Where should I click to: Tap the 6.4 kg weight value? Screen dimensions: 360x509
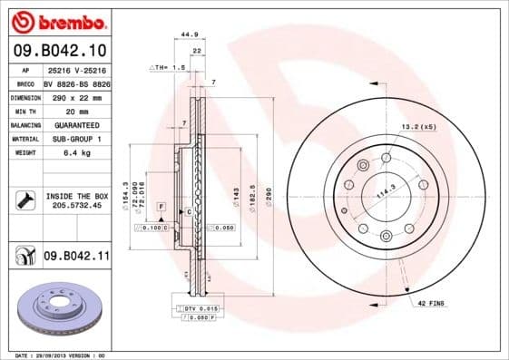pyautogui.click(x=75, y=153)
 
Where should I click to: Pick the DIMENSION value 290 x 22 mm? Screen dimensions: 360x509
pyautogui.click(x=75, y=97)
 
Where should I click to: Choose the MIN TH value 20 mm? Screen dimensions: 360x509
pyautogui.click(x=75, y=111)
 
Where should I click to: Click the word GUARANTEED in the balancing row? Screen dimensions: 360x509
pyautogui.click(x=75, y=125)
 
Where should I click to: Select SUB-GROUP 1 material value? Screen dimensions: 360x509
pyautogui.click(x=75, y=139)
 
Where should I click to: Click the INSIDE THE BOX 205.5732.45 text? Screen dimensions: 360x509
pyautogui.click(x=75, y=200)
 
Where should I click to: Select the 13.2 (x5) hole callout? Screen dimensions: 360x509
pyautogui.click(x=418, y=127)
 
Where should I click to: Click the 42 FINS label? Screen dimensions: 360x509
pyautogui.click(x=431, y=302)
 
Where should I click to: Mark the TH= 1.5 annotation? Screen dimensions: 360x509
pyautogui.click(x=162, y=68)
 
